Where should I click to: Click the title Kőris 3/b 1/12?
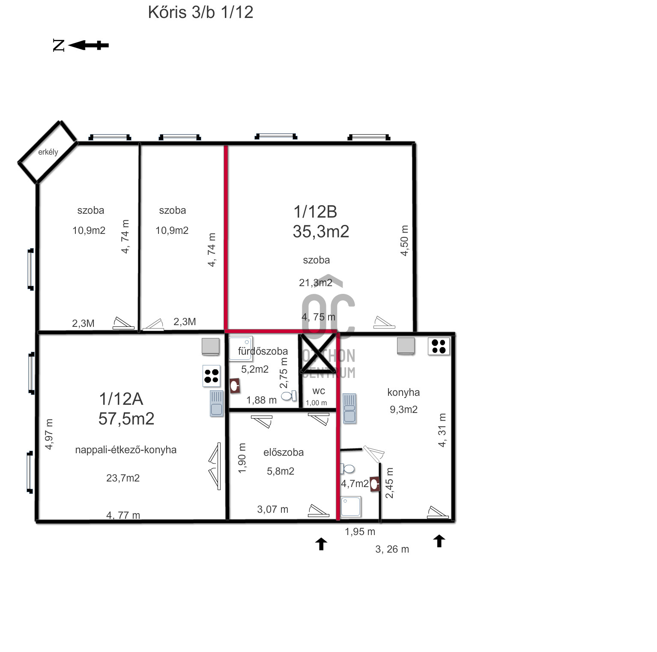point(200,12)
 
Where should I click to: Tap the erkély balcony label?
point(48,152)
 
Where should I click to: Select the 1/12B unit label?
point(315,212)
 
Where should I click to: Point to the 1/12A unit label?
point(121,399)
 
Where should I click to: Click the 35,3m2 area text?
point(321,231)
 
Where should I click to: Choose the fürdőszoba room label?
point(263,351)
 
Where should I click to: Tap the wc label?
point(319,391)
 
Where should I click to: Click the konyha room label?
point(403,392)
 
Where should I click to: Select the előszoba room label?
point(284,452)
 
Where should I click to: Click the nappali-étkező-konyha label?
point(126,450)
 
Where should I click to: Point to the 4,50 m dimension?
point(404,240)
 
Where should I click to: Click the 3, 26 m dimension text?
point(392,549)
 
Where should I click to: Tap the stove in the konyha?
point(439,346)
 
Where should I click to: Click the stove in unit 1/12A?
point(212,376)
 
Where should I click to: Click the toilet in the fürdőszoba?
point(289,395)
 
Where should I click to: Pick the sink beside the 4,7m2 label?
point(375,484)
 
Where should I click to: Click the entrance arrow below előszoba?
point(321,544)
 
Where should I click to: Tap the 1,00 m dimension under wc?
point(316,403)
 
